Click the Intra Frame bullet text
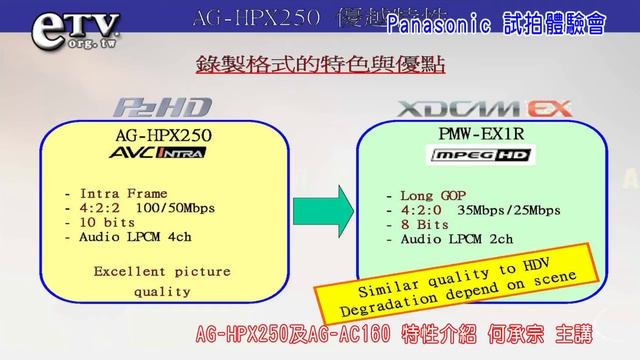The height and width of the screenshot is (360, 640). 118,193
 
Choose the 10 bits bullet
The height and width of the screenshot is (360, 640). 105,223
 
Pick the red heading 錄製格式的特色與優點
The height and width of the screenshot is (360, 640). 321,68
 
